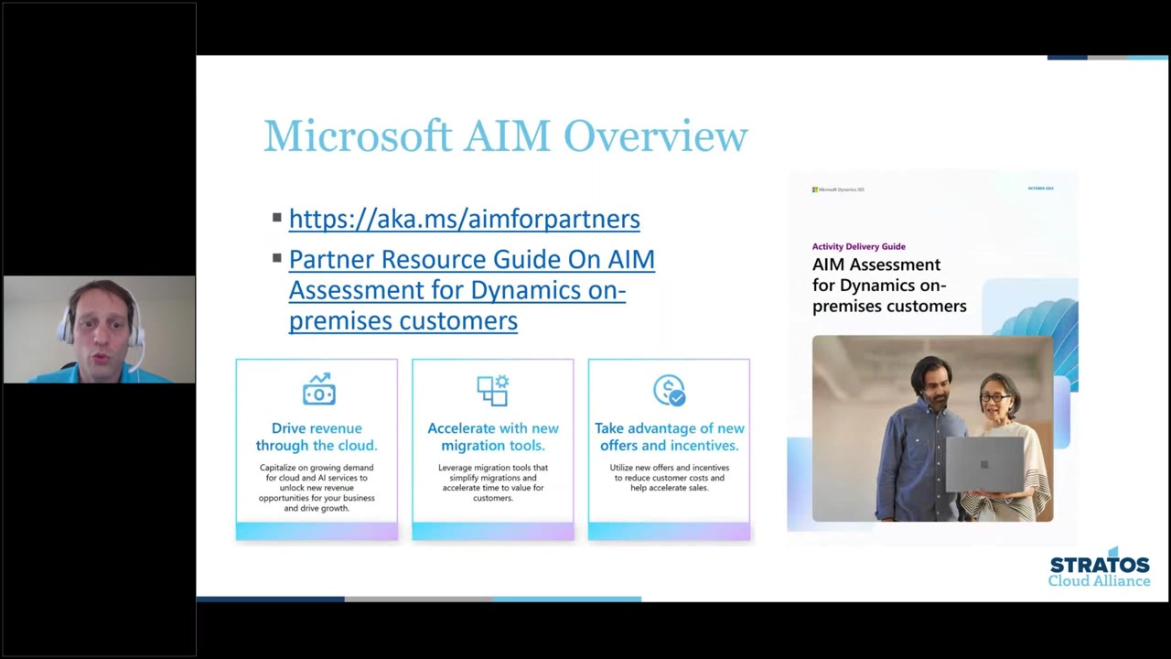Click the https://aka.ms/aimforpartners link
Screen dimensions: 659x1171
[464, 219]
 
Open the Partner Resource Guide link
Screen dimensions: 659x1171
[471, 290]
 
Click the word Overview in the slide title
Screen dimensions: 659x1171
[655, 137]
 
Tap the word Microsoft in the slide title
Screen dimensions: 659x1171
[358, 137]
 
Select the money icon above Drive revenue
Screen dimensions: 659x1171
[318, 390]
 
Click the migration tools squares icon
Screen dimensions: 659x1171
[492, 390]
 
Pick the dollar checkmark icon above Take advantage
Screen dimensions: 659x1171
[669, 390]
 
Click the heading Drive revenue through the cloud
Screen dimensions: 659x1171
[317, 437]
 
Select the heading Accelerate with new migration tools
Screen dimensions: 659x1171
[493, 437]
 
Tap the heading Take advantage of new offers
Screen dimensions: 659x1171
[669, 437]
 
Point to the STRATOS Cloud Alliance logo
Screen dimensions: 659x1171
[1099, 568]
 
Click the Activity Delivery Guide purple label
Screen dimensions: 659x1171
[858, 246]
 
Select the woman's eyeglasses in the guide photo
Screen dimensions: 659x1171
[995, 398]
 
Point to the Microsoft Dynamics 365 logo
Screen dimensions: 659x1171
[837, 189]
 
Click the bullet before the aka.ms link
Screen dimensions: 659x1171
[276, 218]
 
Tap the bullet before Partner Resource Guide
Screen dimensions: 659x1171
[276, 259]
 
